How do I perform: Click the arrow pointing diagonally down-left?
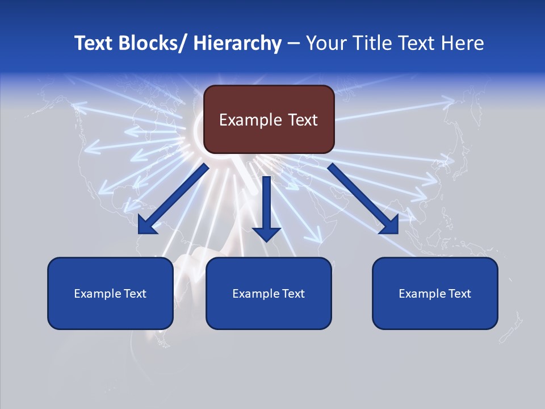(x=171, y=199)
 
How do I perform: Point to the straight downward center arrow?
(x=266, y=207)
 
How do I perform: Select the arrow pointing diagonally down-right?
(x=363, y=199)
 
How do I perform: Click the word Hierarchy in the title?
(x=237, y=43)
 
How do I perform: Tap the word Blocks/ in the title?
(x=153, y=43)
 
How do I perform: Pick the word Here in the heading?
(x=464, y=43)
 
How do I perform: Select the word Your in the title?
(x=325, y=43)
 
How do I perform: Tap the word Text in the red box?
(x=302, y=120)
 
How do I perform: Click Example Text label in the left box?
(x=110, y=294)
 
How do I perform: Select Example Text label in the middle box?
(x=269, y=294)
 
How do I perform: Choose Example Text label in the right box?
(x=435, y=294)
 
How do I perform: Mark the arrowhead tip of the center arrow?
(x=266, y=241)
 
